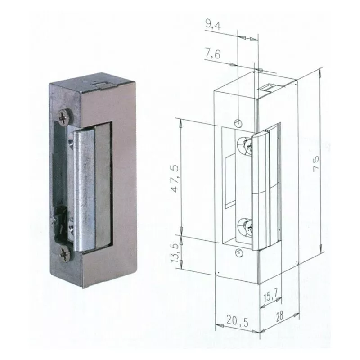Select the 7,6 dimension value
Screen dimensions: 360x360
coord(213,54)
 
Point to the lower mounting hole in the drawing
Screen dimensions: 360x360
coord(238,253)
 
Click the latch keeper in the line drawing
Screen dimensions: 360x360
coord(263,189)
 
